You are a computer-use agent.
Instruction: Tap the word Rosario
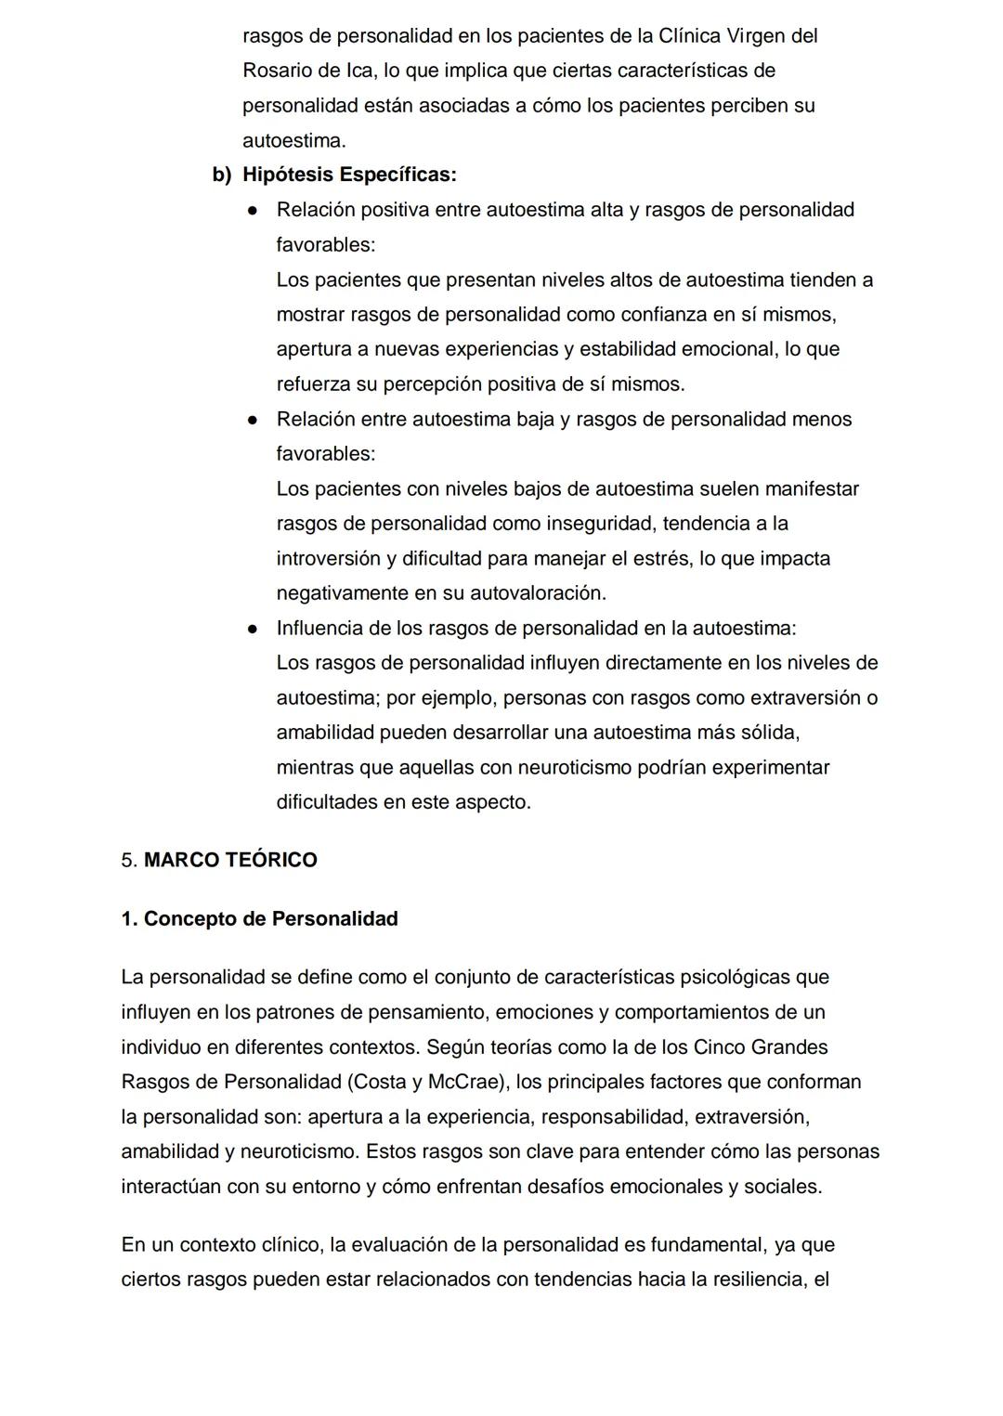click(277, 71)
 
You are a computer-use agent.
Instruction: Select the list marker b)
click(222, 175)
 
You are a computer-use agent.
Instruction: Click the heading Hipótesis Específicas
click(349, 175)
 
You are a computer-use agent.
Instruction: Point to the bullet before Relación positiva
click(252, 211)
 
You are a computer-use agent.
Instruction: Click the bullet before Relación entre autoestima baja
click(252, 420)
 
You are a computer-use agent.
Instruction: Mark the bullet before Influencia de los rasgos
click(252, 629)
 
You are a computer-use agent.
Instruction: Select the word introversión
click(328, 559)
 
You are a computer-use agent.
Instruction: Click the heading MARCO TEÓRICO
click(230, 860)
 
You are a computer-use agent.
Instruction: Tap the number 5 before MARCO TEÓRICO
click(127, 860)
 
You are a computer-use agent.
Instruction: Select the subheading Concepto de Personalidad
click(270, 918)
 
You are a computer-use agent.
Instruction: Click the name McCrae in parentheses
click(462, 1082)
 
